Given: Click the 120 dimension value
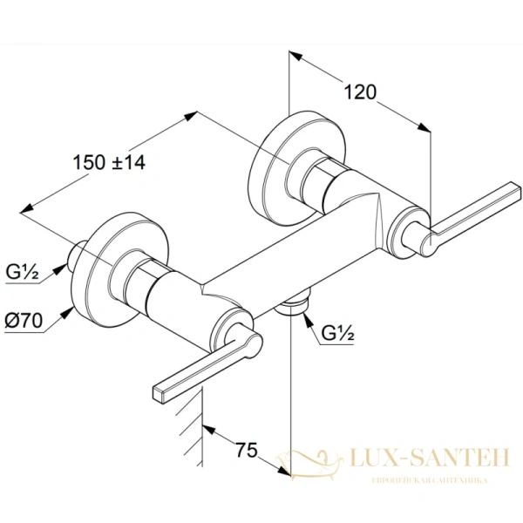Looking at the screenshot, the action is coord(360,92).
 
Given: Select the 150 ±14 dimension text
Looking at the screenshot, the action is coord(109,163).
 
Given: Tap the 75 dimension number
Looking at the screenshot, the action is coord(248,450).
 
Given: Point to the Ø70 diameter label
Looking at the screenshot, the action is coord(24,321).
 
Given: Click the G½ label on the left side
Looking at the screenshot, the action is coord(23,272).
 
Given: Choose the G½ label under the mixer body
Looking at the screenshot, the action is coord(337,333).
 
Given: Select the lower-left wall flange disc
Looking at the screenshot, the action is coord(121,268).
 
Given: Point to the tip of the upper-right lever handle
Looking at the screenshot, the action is coord(515,189).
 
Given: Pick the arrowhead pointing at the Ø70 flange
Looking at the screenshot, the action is coord(69,312).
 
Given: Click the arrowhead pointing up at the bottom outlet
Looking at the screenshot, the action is coord(308,319).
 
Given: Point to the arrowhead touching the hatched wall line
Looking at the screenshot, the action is coord(209,430).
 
